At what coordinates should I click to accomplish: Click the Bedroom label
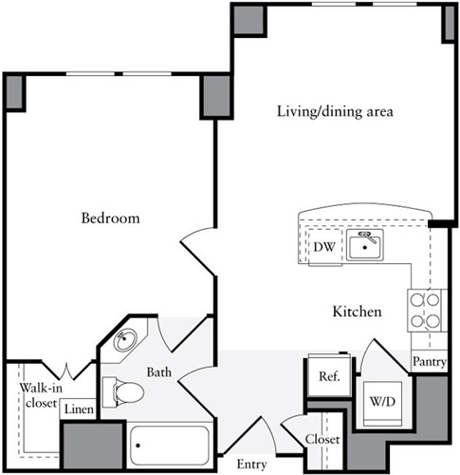coord(110,218)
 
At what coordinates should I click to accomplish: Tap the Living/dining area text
coord(335,111)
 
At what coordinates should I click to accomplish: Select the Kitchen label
coord(357,312)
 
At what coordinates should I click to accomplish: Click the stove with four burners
coord(424,309)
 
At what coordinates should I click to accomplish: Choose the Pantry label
coord(429,362)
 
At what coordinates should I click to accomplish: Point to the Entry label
coord(251,465)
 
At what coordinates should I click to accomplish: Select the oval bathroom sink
coord(127,340)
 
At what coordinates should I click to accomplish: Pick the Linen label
coord(79,409)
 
